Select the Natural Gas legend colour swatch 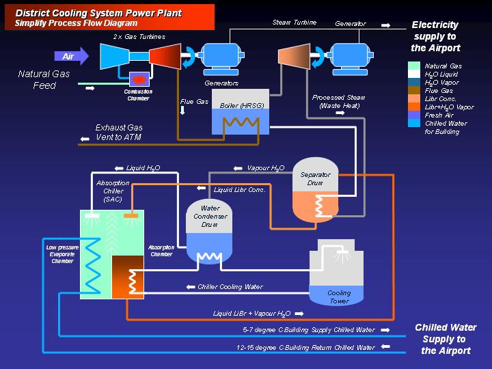pos(413,66)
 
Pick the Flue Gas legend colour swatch pos(413,91)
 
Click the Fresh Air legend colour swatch pos(413,115)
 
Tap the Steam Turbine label pos(295,23)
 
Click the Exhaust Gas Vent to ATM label pos(120,132)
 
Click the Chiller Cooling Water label pos(230,287)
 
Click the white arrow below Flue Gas pos(182,111)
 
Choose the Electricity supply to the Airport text pos(435,36)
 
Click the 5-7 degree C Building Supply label pos(310,330)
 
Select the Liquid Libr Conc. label pos(239,189)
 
